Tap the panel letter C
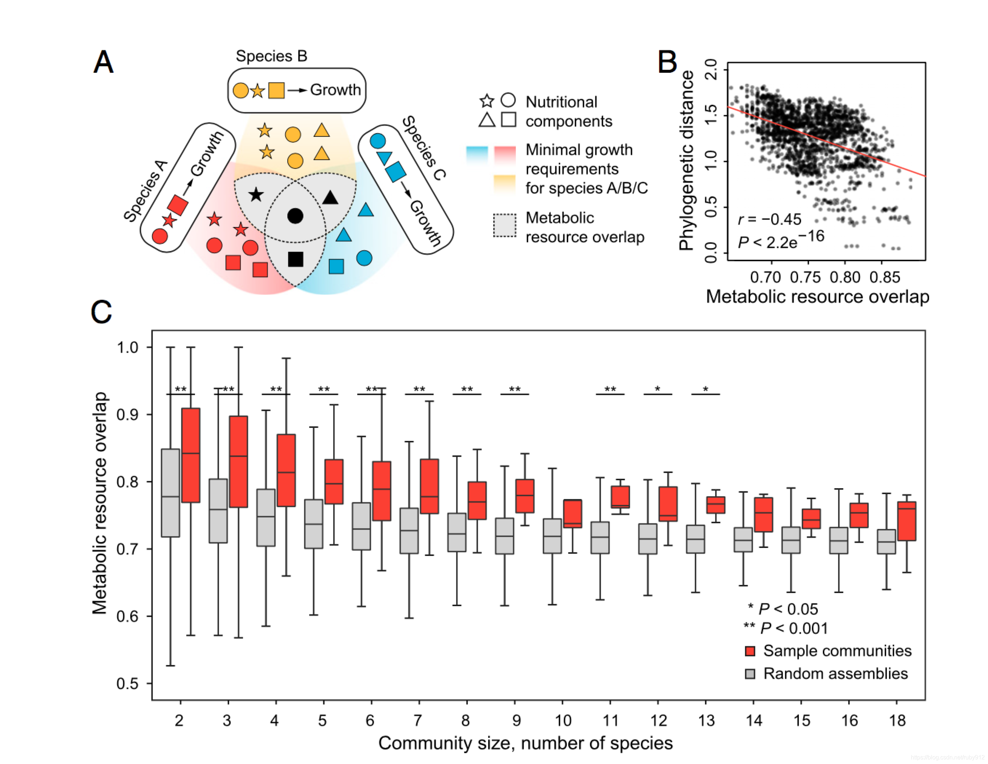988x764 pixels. [101, 312]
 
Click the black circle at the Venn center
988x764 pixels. [295, 216]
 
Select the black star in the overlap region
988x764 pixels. [256, 195]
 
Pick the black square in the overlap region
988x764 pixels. [295, 259]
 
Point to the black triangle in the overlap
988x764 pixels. [330, 197]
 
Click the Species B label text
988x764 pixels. [271, 56]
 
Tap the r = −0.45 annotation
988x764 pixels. [769, 219]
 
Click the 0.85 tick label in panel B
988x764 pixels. [884, 277]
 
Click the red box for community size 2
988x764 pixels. [191, 455]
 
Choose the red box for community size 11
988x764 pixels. [620, 497]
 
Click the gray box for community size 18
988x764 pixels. [886, 541]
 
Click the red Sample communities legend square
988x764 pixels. [750, 651]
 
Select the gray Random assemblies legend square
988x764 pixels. [750, 674]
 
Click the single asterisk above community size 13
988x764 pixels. [705, 389]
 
